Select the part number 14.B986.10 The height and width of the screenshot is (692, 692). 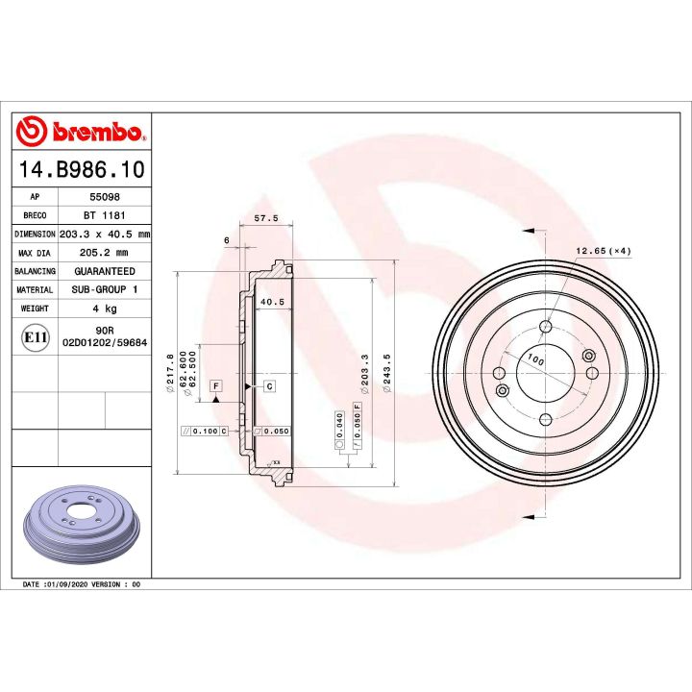tap(82, 170)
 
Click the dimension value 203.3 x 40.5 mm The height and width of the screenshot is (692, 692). tap(105, 234)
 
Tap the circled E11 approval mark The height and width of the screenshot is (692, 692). tap(34, 336)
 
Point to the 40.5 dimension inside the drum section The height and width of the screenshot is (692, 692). tap(271, 302)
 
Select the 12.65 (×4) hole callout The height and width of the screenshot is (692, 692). tap(603, 251)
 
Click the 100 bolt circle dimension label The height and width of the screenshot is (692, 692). tap(535, 362)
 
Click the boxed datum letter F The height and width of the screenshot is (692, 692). tap(216, 385)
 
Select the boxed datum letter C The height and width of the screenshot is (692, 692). tap(269, 385)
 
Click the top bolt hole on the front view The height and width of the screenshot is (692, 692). tap(545, 328)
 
